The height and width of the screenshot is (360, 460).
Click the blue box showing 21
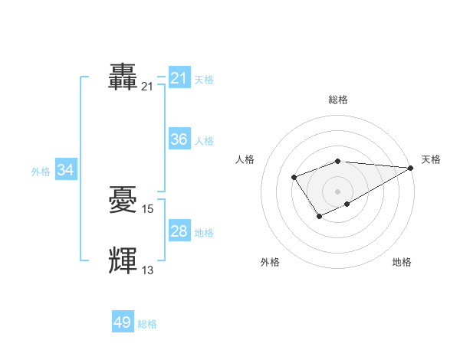179,77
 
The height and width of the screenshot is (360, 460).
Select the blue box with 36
179,139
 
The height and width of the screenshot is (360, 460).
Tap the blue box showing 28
179,231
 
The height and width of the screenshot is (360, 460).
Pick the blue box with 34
65,170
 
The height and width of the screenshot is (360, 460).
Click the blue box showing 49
122,322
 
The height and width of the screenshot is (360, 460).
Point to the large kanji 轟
123,77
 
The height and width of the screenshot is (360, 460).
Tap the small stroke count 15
148,208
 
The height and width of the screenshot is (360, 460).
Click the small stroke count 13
148,270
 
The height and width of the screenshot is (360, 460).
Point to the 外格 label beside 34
41,172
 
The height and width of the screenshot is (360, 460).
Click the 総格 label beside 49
147,324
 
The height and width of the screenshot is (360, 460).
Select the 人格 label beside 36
204,141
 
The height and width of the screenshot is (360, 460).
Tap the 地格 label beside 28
204,233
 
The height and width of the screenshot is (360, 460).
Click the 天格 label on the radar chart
431,159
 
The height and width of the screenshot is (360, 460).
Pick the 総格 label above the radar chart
337,100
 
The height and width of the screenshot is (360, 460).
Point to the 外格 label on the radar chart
270,262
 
